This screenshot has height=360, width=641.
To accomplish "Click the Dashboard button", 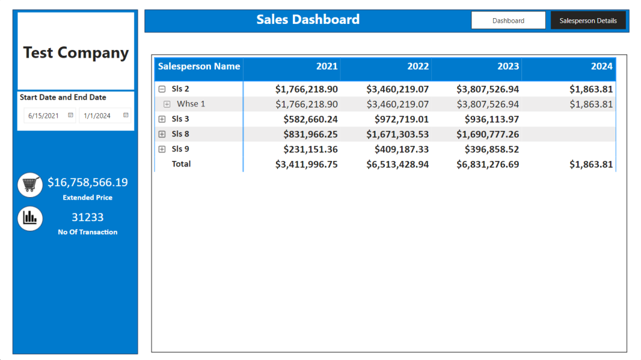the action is click(508, 21).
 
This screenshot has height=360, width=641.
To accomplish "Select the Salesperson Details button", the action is click(588, 21).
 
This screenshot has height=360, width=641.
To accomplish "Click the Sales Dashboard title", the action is click(308, 19).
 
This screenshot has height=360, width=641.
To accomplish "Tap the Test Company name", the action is click(76, 53).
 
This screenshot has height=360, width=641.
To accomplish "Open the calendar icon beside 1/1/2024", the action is click(126, 115).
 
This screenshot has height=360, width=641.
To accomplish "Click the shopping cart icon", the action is click(30, 185).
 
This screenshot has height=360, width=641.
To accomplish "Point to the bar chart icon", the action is click(30, 219).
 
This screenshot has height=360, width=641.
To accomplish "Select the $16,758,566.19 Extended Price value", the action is click(88, 182).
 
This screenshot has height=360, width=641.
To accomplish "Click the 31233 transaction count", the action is click(88, 217).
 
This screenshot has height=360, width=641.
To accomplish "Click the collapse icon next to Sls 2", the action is click(162, 89).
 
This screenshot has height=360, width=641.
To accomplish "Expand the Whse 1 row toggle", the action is click(167, 104).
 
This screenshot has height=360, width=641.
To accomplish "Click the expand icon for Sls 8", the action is click(162, 134).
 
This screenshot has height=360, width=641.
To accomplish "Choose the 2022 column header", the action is click(418, 66).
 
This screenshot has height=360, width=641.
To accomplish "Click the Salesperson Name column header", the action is click(198, 66).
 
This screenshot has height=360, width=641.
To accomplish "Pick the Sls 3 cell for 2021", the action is click(310, 119).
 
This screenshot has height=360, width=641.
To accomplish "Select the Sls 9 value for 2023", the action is click(492, 149).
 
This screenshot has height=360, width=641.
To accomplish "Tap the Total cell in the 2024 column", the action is click(591, 165).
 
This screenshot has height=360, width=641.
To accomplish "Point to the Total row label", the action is click(181, 164).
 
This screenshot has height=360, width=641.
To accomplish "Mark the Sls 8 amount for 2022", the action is click(397, 134).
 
